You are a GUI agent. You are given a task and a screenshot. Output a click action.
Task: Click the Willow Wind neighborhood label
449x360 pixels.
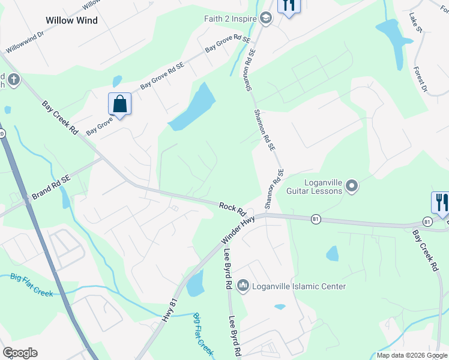coord(71,20)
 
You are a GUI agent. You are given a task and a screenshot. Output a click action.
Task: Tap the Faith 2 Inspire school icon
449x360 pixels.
coord(266,19)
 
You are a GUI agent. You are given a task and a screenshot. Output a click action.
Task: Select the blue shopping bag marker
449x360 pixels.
coord(120,104)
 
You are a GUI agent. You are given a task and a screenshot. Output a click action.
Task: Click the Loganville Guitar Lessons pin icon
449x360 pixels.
coord(352,187)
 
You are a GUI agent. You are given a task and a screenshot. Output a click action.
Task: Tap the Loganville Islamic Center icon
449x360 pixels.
coord(243,286)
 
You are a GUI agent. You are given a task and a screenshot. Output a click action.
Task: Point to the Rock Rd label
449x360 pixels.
coord(233,209)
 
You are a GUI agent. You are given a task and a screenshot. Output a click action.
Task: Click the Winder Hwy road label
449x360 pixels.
coord(240,228)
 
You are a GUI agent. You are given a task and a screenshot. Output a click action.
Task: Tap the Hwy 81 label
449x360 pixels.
coord(170,311)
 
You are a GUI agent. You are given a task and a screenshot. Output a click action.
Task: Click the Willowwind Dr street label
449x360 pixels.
coord(25,44)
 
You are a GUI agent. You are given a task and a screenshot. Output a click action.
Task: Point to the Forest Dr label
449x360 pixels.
coord(419,79)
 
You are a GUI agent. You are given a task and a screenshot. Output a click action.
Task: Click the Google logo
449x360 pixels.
coord(20,353)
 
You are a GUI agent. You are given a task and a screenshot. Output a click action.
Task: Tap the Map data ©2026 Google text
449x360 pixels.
coord(412,355)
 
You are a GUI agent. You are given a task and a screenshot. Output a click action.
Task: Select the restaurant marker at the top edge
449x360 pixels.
coord(289,6)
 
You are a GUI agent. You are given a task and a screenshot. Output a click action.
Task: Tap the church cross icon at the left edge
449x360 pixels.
coord(13,79)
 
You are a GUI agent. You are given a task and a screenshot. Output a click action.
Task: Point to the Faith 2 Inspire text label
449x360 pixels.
coord(229,19)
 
